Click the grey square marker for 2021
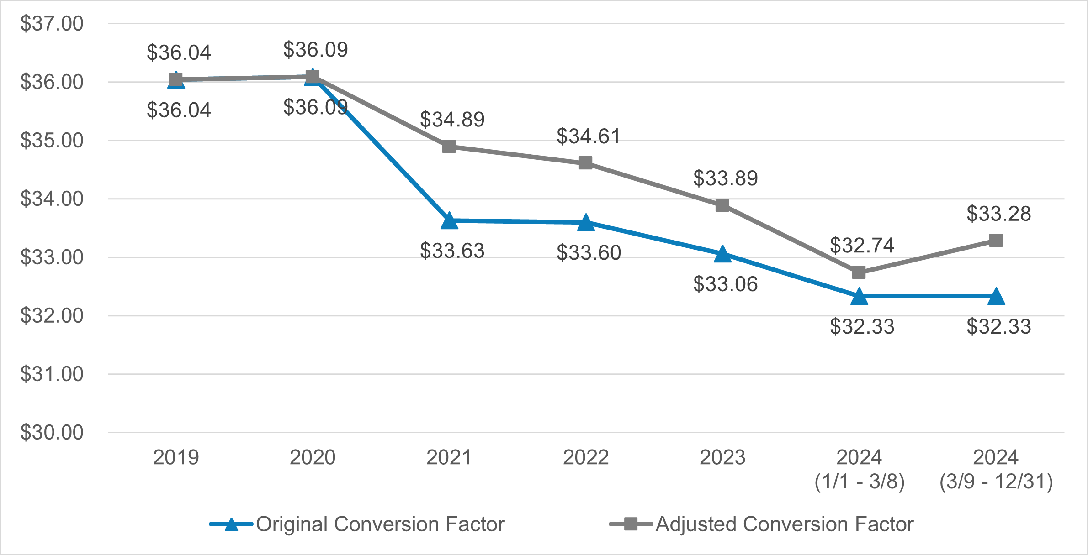pos(449,147)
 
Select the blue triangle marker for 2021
pos(449,221)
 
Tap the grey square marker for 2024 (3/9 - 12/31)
pos(996,241)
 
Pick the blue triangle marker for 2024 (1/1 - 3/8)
pos(859,297)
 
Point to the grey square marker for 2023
pos(722,205)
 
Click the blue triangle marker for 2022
pos(586,223)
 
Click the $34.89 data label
pos(452,120)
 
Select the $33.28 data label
pos(999,214)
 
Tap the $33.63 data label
pos(452,251)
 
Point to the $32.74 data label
pos(862,245)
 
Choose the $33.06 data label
pos(725,284)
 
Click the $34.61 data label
pos(589,136)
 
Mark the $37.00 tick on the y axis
pos(52,23)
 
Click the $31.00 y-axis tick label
pos(52,374)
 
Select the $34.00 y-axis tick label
pos(52,199)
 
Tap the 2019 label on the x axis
pos(176,457)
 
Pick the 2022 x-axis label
pos(586,457)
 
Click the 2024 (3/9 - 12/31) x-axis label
pos(996,469)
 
